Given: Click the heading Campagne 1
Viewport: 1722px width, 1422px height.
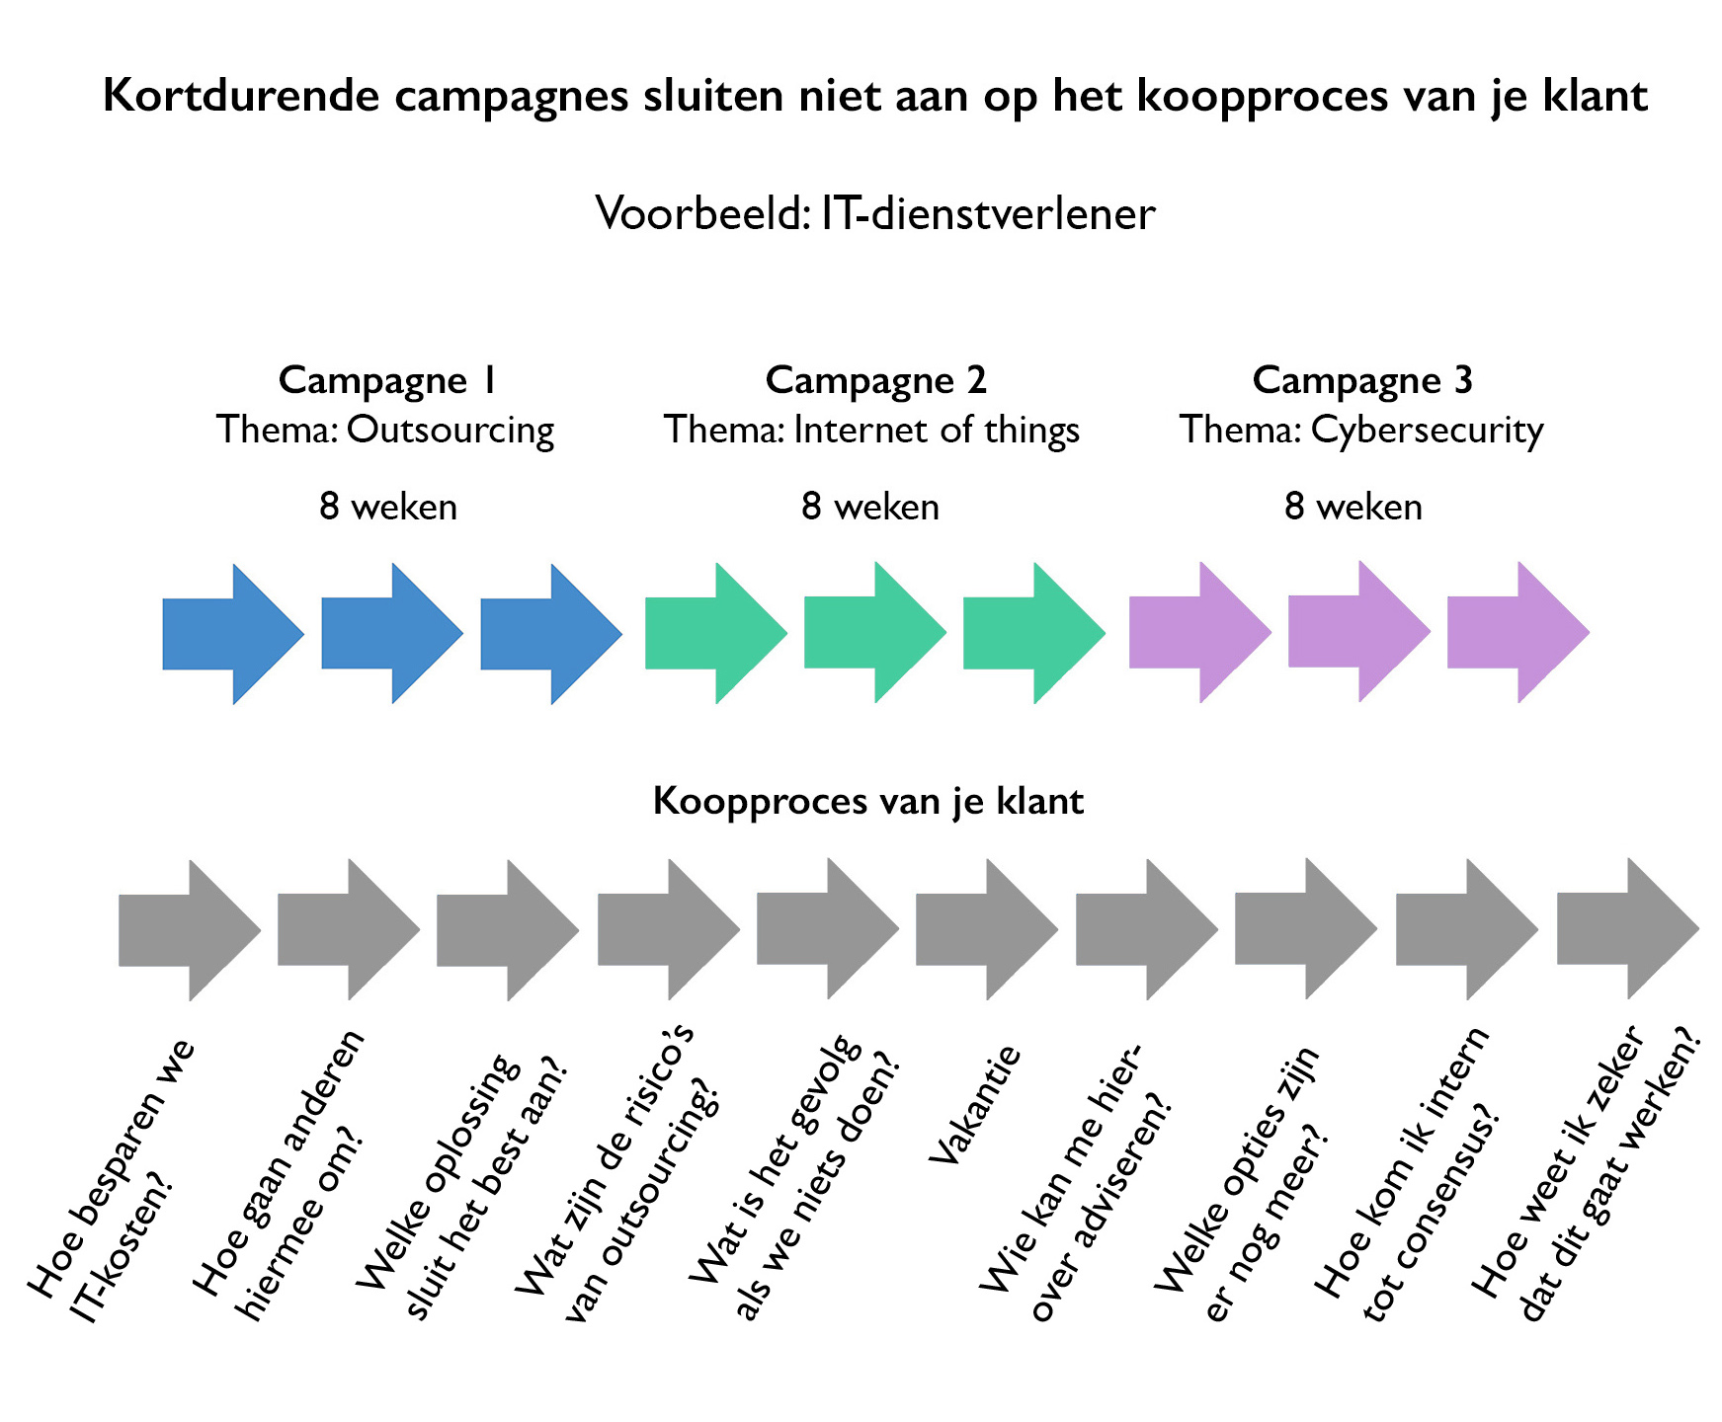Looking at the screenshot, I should point(386,380).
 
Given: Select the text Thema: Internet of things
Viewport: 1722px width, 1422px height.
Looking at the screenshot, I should point(871,431).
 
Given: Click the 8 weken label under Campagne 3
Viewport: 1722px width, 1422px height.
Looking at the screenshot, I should point(1353,507).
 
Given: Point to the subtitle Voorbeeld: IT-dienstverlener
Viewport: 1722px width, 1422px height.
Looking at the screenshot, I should point(875,213).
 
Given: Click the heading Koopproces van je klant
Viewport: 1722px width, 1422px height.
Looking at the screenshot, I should point(868,801).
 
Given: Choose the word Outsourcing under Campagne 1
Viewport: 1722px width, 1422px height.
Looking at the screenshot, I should point(450,431).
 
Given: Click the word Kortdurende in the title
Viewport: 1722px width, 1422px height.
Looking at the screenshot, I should point(241,97).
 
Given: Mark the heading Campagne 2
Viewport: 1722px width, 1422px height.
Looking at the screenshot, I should point(875,380).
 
